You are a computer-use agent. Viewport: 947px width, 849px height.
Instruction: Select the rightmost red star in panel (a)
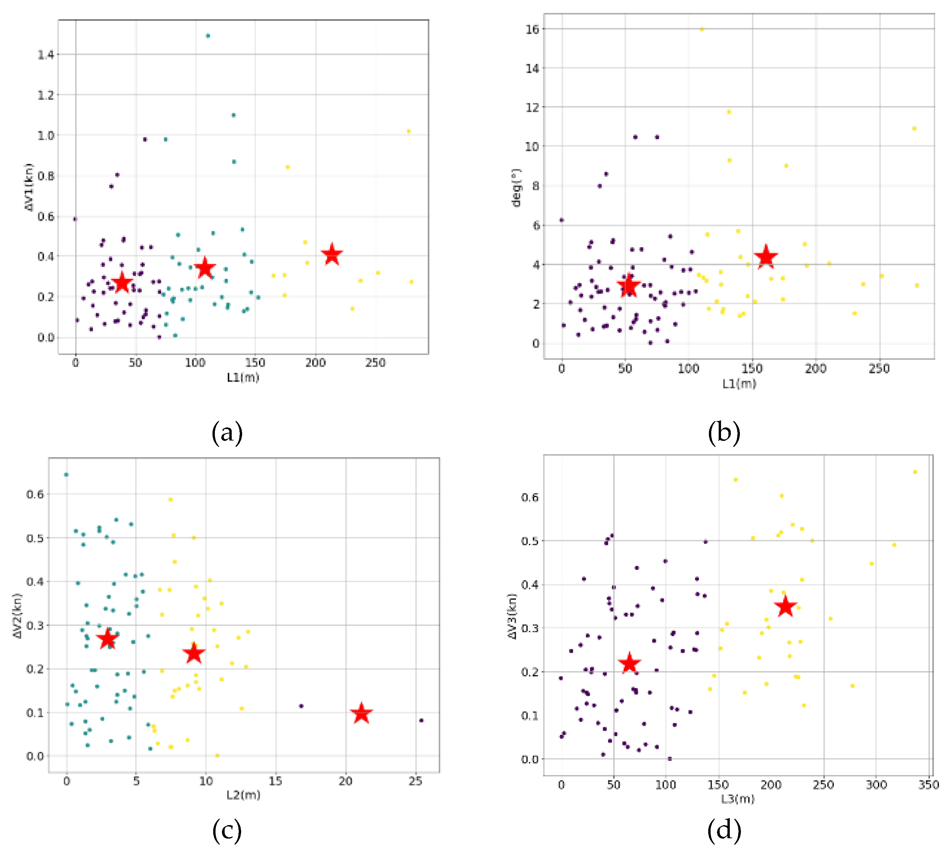pos(332,255)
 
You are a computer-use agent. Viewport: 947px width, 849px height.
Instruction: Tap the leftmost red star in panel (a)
pos(122,283)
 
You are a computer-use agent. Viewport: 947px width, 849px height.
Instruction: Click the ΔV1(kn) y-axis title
pos(29,187)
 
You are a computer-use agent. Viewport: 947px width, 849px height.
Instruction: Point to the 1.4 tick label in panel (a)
pos(46,55)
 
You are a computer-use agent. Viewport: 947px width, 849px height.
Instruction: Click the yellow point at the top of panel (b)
pos(701,29)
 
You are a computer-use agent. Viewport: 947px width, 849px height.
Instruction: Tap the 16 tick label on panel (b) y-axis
pos(532,29)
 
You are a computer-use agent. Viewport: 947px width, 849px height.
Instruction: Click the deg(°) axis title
pos(516,188)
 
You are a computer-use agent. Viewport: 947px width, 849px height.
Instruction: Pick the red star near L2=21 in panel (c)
pos(361,714)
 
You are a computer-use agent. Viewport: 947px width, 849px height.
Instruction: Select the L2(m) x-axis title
pos(243,795)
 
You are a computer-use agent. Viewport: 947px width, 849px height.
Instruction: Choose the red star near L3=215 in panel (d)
pos(786,607)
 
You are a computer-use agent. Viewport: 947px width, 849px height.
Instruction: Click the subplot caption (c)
pos(227,830)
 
